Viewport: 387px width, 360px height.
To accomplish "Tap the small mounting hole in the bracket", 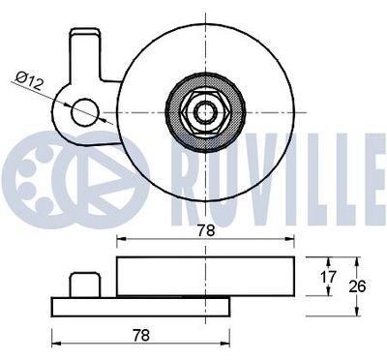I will tap(86, 109).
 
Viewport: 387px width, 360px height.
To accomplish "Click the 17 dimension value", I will tap(328, 277).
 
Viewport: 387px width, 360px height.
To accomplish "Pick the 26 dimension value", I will tap(356, 285).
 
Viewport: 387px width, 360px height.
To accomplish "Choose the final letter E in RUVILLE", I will tap(366, 172).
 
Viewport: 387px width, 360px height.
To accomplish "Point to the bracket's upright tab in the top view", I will tap(84, 53).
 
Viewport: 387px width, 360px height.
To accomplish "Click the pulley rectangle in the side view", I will tap(206, 276).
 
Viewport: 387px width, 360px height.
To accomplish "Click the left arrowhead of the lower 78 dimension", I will tap(54, 344).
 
